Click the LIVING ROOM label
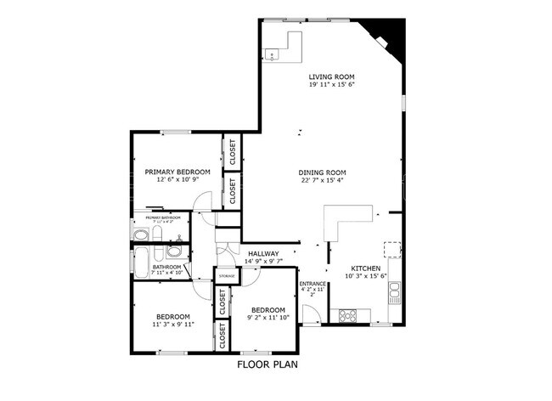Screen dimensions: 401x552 point(331,76)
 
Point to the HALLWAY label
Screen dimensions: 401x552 point(264,254)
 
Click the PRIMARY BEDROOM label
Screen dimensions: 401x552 point(177,172)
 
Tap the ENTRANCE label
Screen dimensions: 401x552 point(313,283)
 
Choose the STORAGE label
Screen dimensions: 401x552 point(226,277)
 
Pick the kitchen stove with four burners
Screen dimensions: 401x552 point(348,315)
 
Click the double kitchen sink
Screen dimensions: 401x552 point(394,294)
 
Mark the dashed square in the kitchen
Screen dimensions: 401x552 point(391,250)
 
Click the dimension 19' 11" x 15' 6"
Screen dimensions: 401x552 point(331,85)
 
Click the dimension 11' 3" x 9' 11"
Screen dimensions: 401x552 point(172,325)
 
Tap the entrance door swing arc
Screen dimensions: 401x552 point(310,313)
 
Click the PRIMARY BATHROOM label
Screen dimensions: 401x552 point(164,217)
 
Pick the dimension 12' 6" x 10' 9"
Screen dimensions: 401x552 point(177,180)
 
